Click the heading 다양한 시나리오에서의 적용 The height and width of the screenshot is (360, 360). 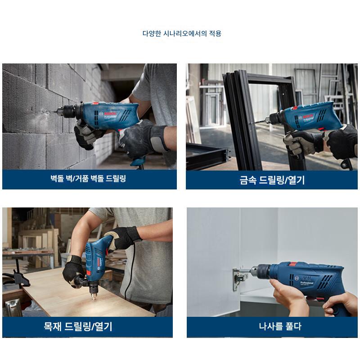(182, 33)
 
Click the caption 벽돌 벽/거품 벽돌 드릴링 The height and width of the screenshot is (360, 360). (88, 178)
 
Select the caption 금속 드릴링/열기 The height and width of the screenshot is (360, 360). (272, 180)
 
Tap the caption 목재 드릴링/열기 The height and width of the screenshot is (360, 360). (78, 326)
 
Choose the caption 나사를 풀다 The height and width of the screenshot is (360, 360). (280, 326)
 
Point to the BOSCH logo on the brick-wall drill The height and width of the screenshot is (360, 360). (110, 114)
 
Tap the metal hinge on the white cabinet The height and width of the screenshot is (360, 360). (239, 279)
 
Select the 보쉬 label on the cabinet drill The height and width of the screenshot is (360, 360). (307, 278)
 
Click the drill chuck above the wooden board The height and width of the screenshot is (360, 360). (94, 290)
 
